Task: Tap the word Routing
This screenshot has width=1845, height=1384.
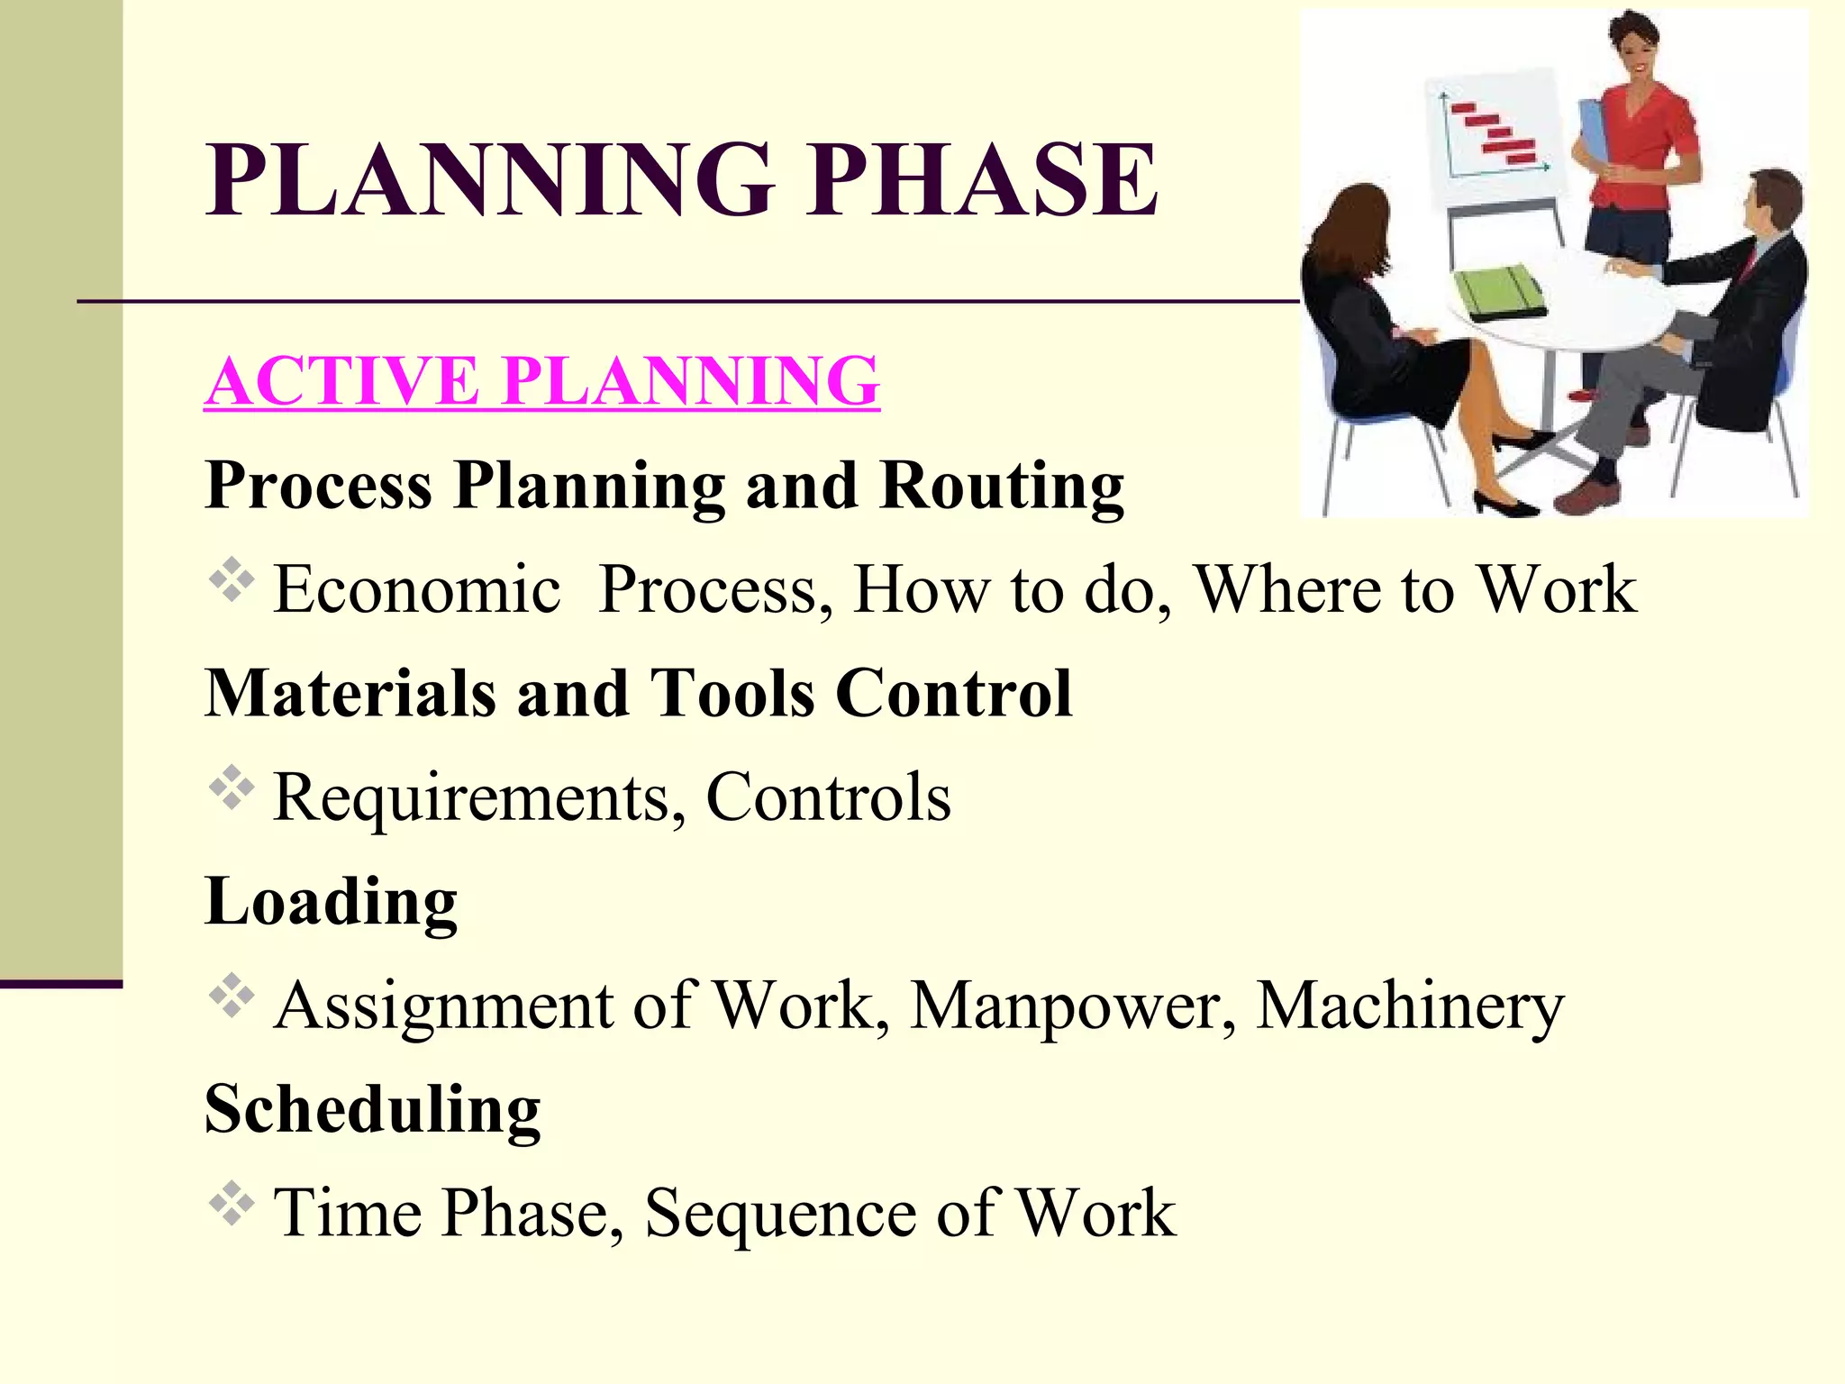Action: (x=1001, y=486)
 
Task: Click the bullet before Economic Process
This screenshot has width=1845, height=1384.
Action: (x=232, y=581)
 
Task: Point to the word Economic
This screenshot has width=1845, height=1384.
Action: (x=417, y=590)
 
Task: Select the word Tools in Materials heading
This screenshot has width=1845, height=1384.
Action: (x=732, y=694)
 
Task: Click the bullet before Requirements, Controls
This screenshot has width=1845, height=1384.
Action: (x=232, y=788)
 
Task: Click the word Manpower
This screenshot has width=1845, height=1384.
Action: (x=1073, y=1006)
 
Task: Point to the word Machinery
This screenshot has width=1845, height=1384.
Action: (x=1410, y=1006)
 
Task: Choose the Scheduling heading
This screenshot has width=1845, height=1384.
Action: (x=372, y=1109)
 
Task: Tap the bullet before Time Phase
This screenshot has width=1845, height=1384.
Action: (x=232, y=1204)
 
